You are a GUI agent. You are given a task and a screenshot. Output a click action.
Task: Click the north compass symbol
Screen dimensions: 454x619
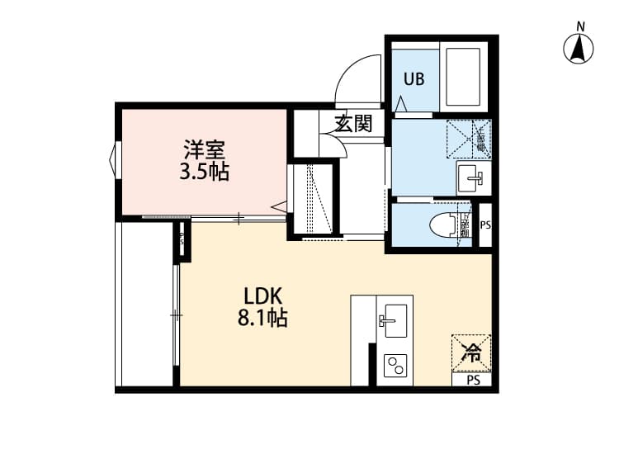point(580,50)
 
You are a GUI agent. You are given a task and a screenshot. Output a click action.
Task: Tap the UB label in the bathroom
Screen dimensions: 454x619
point(413,79)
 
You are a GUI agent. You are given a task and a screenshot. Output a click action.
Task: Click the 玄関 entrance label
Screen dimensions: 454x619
point(353,124)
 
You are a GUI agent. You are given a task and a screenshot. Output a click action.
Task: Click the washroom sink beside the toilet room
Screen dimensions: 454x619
point(474,176)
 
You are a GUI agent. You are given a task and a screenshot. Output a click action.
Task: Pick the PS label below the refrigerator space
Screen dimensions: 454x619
point(473,381)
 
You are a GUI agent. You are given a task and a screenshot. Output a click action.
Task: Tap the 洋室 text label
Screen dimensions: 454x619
point(205,151)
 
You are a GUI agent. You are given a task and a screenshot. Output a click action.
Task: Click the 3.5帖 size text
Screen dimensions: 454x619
point(205,173)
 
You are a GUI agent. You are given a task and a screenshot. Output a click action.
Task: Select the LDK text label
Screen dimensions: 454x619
point(263,296)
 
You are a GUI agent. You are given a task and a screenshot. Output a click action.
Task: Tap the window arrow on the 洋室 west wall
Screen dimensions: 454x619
point(111,158)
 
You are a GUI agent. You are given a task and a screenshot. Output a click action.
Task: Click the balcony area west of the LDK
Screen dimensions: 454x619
point(146,305)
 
